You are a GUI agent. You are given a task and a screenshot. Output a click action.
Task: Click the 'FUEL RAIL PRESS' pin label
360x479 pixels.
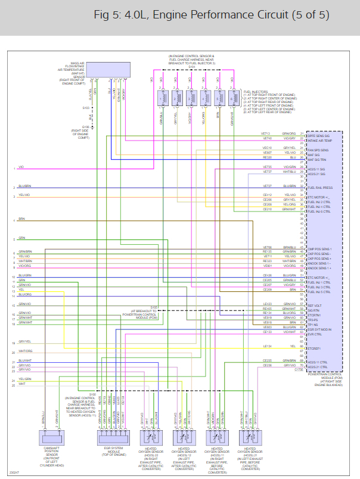tap(319, 187)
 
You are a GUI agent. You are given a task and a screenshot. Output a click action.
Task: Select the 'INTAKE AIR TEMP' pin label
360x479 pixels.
tap(319, 139)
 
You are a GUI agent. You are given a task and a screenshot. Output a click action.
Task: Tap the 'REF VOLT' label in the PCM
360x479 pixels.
tap(314, 305)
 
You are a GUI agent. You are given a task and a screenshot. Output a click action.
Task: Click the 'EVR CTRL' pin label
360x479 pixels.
tap(314, 334)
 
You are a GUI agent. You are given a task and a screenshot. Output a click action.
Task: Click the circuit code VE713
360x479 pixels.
tap(266, 133)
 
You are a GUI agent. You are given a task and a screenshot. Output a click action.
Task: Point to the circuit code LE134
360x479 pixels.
tap(267, 346)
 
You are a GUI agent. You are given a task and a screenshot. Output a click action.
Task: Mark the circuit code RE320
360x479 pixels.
tap(267, 158)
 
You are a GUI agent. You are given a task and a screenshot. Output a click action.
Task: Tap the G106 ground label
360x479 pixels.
tap(86, 127)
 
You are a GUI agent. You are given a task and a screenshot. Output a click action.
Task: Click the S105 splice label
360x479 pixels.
tap(153, 307)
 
